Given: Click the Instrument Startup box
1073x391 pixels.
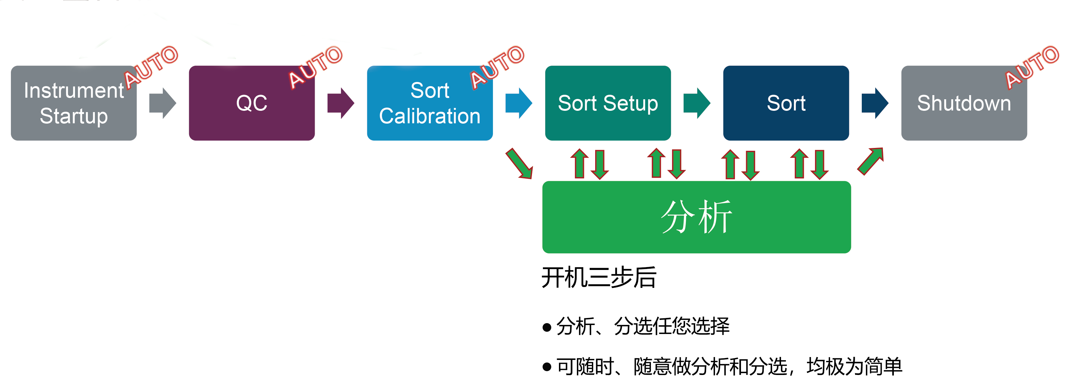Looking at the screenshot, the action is (x=74, y=103).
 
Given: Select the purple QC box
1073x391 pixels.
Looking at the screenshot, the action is (x=252, y=103).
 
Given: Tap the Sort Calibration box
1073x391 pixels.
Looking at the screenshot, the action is (x=430, y=103).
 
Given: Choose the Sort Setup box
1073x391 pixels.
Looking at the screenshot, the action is (x=608, y=103).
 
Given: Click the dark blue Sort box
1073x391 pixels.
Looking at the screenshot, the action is (x=786, y=103).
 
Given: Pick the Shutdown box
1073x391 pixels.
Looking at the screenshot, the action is (x=964, y=103).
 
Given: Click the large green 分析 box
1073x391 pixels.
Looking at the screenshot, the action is (x=696, y=217).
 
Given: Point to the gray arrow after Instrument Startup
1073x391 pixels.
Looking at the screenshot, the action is (x=163, y=103).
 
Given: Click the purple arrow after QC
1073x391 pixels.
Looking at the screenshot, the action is (x=341, y=103).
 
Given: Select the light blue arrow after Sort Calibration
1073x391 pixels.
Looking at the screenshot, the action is (x=519, y=103).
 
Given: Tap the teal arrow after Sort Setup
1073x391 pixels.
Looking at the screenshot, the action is (x=697, y=103).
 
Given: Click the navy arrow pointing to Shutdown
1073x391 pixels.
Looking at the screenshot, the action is (x=875, y=103).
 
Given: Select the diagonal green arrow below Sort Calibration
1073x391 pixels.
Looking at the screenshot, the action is (x=519, y=163).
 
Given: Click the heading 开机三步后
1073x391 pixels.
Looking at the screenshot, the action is (x=599, y=277).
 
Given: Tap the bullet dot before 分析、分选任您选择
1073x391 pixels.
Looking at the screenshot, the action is (x=547, y=327).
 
